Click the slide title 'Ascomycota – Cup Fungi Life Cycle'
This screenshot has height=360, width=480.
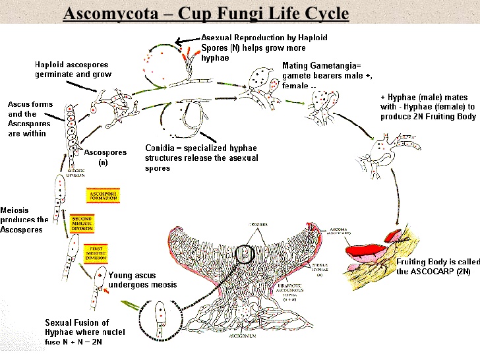[205, 13]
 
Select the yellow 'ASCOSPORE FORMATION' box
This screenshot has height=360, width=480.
[102, 196]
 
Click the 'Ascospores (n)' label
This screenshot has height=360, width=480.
[105, 157]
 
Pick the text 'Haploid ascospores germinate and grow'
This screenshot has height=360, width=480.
[73, 70]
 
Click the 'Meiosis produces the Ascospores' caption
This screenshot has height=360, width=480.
[24, 220]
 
